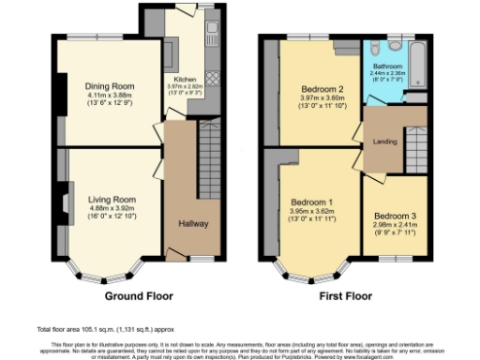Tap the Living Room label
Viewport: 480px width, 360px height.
[112, 200]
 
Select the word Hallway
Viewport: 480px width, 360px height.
[193, 223]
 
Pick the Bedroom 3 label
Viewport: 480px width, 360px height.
[395, 217]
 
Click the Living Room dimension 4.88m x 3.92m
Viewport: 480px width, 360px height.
[112, 209]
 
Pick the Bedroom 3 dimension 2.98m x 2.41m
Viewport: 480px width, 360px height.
[395, 225]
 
